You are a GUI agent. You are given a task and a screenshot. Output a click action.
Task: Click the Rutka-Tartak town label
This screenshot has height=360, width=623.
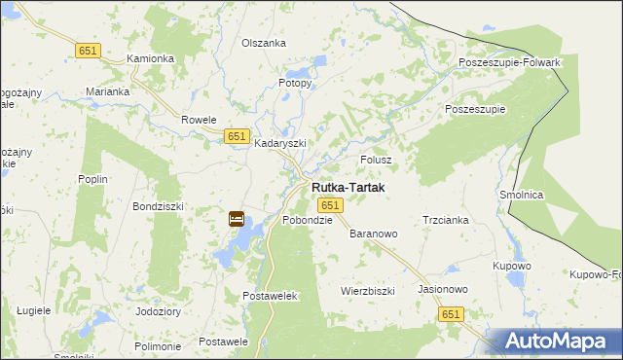pos(348,187)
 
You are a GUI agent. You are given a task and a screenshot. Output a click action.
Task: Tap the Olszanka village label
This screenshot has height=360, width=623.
pos(264,43)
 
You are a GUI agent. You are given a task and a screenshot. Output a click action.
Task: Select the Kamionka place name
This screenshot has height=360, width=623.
pos(151,58)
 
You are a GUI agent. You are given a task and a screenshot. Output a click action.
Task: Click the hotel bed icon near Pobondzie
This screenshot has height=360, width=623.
pos(237,219)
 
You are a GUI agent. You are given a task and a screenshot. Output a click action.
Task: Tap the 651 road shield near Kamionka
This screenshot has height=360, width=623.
pos(89,50)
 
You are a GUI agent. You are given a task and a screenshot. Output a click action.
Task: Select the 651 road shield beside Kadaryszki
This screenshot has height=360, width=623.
pos(237,137)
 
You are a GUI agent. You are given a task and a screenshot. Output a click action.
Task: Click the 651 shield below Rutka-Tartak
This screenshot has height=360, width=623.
pos(330,205)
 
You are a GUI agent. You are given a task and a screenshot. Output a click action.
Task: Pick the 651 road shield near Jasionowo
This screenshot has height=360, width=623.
pos(450,314)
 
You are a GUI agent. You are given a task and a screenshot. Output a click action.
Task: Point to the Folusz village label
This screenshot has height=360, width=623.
pos(376,159)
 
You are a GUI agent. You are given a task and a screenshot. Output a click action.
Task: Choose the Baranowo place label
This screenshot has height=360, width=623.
pos(374,234)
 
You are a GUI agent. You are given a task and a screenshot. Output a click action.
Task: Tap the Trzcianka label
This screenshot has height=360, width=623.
pos(446,220)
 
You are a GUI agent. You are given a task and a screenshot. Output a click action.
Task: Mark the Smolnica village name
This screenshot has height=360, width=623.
pos(521,195)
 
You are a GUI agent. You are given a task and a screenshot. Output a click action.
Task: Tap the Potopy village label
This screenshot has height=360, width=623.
pos(295,83)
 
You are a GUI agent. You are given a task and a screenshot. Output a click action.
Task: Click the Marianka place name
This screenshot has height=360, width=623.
pos(107,91)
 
